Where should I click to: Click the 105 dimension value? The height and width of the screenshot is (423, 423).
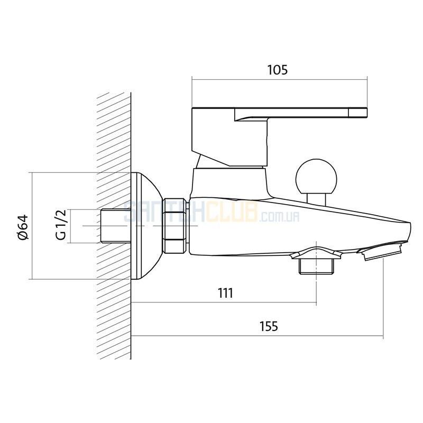(278, 70)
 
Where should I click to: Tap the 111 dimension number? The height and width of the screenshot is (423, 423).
(226, 293)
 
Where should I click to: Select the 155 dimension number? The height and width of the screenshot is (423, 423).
(269, 326)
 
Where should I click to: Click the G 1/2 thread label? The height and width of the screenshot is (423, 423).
(61, 224)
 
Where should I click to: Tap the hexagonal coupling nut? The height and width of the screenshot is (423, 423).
(175, 226)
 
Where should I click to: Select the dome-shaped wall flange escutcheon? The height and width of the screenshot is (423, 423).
(147, 226)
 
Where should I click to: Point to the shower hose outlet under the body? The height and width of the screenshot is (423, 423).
(316, 266)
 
